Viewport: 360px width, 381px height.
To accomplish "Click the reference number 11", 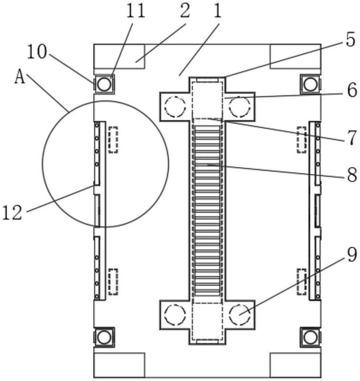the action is click(x=136, y=11).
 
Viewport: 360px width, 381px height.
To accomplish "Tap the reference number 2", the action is click(x=185, y=11).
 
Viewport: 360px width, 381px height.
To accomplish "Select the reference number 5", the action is click(x=350, y=40).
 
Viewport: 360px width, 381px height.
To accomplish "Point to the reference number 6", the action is click(x=352, y=90).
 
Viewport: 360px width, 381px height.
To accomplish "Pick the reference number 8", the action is click(x=352, y=174).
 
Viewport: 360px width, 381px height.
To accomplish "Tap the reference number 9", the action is click(x=352, y=255).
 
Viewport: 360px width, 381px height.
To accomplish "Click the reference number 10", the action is click(x=37, y=52).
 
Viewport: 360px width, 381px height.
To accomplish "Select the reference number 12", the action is click(x=12, y=212).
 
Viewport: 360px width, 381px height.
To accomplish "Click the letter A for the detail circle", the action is click(x=20, y=77).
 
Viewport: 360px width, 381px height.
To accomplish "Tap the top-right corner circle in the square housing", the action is click(x=310, y=84).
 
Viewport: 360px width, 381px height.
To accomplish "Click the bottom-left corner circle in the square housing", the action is click(x=104, y=337).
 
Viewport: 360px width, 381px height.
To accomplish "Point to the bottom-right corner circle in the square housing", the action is click(x=310, y=337).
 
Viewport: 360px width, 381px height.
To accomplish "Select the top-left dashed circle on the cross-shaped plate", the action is click(x=175, y=107).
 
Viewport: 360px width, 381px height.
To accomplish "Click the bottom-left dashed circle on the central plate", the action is click(x=175, y=315).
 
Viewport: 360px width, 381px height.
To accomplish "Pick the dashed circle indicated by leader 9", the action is click(x=239, y=315).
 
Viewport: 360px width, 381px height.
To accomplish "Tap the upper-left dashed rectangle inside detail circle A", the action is click(x=113, y=140).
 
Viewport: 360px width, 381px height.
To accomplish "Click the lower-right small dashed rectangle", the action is click(x=302, y=282).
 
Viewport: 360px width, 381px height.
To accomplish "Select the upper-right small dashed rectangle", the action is click(x=302, y=140).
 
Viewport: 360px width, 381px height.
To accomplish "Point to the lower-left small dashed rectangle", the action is click(x=113, y=282).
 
